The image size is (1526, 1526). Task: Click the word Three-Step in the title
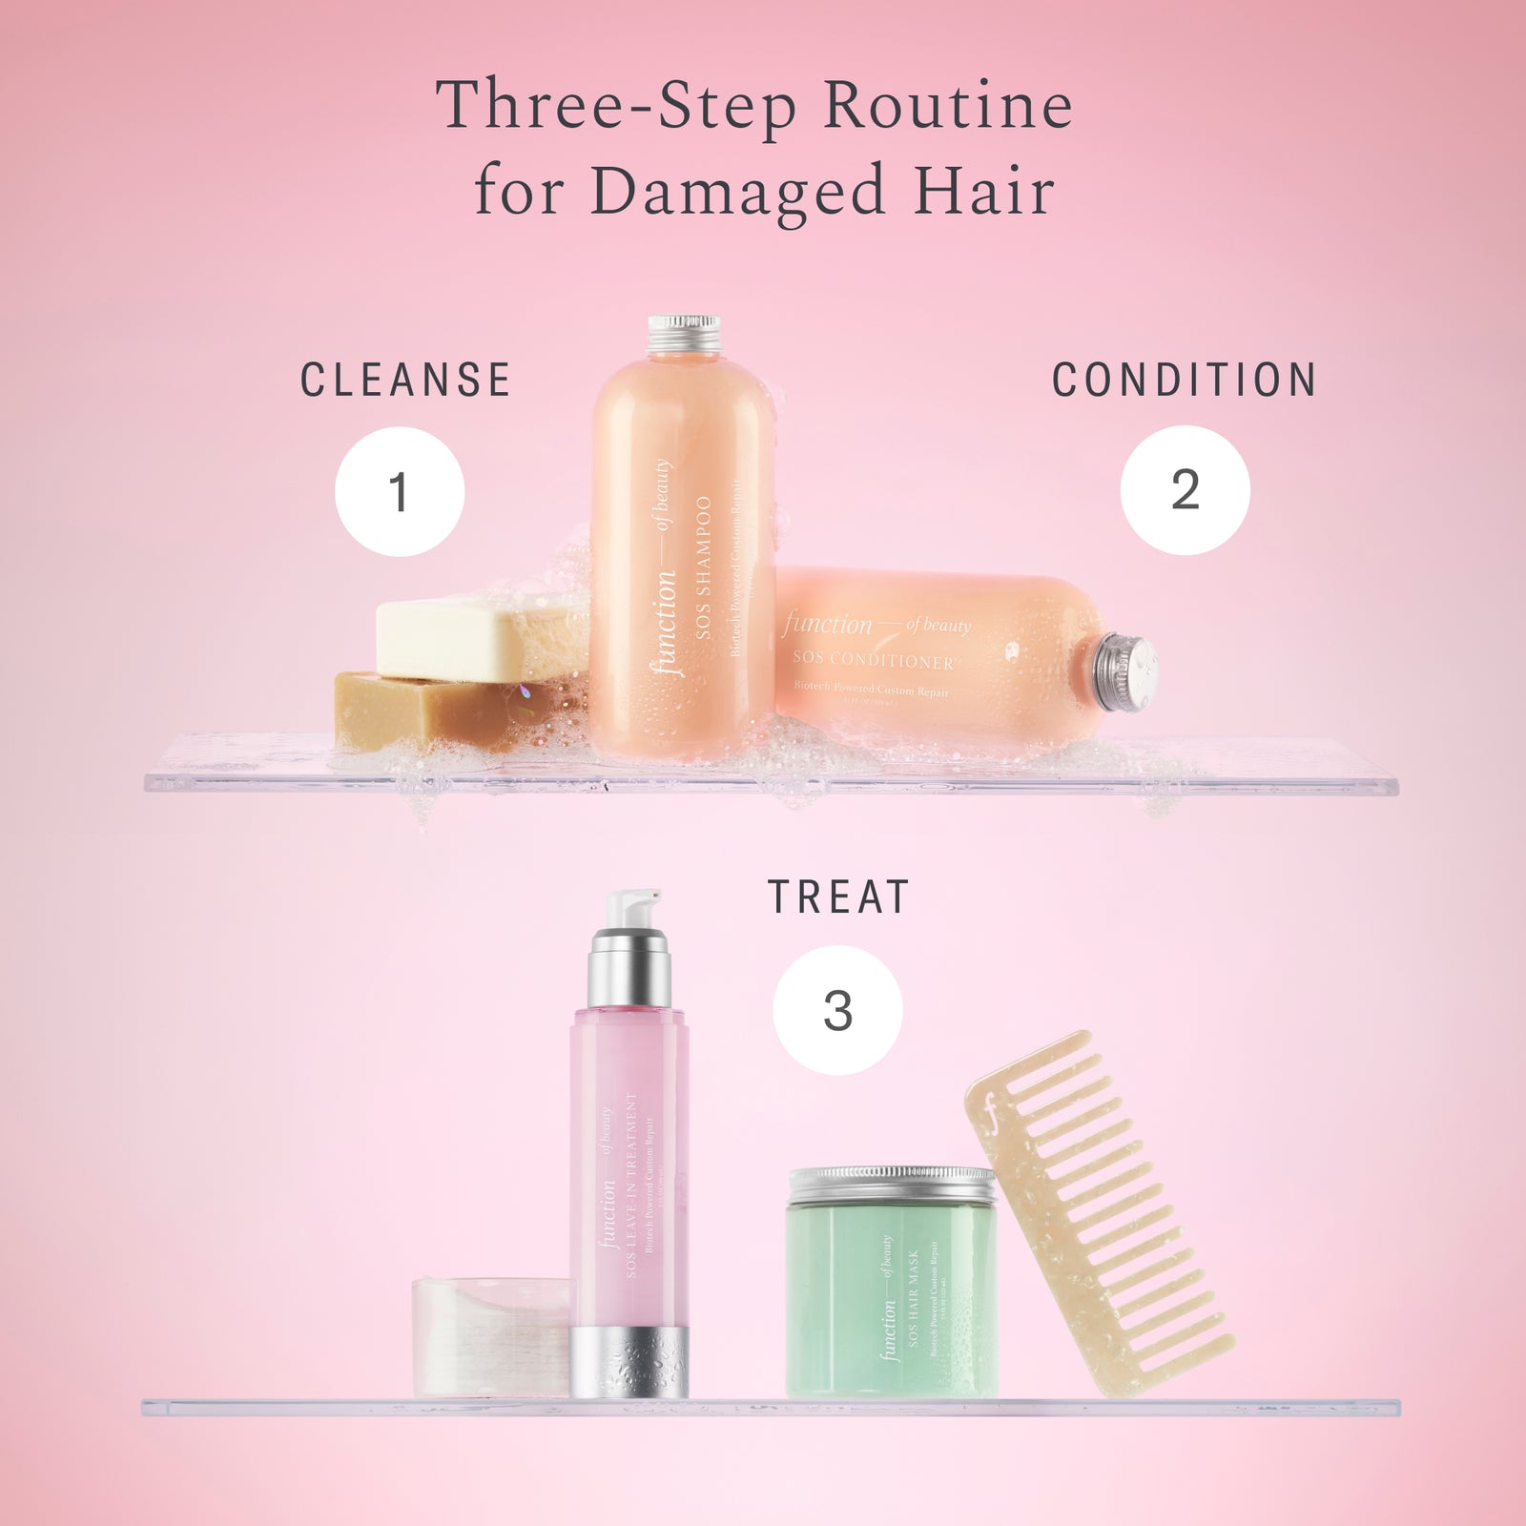[616, 107]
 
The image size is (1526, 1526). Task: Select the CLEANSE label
[405, 381]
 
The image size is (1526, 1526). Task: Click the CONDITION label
[1185, 381]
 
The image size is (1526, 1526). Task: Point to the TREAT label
[838, 898]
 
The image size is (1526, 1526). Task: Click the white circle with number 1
[400, 491]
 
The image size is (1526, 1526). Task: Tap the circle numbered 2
[1185, 489]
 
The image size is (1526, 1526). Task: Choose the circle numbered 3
[837, 1010]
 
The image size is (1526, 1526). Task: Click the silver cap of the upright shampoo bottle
[684, 334]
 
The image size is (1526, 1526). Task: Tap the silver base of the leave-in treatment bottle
[629, 1362]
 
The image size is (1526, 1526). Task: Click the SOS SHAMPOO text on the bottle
[704, 567]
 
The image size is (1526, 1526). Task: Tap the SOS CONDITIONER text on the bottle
[873, 660]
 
